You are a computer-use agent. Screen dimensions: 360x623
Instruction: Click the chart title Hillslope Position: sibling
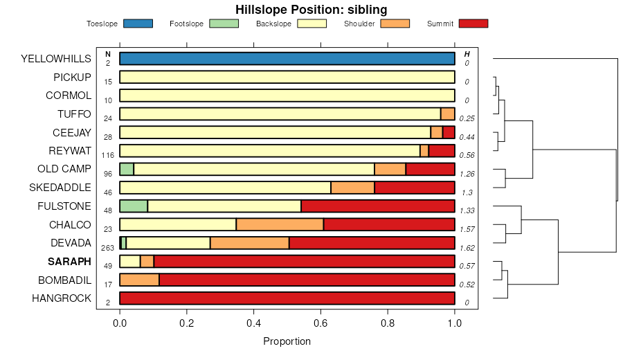(311, 10)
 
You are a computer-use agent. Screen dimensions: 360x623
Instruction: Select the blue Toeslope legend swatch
(138, 24)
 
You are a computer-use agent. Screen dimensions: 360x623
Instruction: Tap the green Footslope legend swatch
(223, 24)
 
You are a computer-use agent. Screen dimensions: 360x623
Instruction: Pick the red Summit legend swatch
(473, 24)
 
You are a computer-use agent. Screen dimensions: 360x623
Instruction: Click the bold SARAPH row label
(69, 262)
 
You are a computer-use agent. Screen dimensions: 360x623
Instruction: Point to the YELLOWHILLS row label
(56, 59)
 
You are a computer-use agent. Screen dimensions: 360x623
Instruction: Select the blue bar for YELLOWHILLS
(287, 59)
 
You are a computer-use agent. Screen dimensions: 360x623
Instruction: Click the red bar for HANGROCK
(287, 298)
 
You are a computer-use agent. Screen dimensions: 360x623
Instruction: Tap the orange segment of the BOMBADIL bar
(139, 280)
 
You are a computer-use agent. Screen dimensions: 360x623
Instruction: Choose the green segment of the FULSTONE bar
(134, 206)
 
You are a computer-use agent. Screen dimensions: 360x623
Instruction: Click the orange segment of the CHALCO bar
(280, 224)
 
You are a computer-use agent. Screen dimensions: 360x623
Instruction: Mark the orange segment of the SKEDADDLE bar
(352, 188)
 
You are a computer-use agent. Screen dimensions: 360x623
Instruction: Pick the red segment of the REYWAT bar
(442, 151)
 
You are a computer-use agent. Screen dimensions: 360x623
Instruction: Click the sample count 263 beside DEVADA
(107, 248)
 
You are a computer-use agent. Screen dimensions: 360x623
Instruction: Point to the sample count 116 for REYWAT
(107, 155)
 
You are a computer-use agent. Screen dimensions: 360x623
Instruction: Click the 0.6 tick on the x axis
(320, 322)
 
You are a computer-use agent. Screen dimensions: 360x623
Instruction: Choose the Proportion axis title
(287, 341)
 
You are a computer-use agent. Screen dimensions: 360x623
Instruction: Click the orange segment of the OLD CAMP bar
(390, 169)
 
